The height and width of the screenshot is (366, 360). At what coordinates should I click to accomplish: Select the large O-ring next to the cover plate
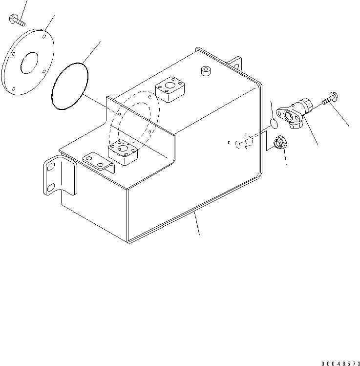[69, 86]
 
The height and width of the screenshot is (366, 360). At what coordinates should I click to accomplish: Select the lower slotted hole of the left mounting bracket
[50, 187]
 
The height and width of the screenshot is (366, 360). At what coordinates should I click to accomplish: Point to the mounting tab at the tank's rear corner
[237, 64]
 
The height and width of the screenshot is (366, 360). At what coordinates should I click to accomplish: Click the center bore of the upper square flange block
[170, 88]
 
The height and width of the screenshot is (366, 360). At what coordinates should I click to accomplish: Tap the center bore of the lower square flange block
[122, 148]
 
